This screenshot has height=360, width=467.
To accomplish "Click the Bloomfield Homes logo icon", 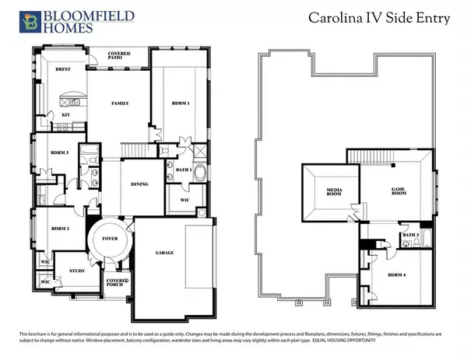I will tap(30, 21).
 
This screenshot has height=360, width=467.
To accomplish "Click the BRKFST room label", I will tap(64, 69).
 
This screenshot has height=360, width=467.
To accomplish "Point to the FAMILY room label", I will tap(120, 103).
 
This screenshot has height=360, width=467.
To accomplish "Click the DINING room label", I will tap(139, 184).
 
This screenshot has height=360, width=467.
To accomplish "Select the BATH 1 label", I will tap(184, 170).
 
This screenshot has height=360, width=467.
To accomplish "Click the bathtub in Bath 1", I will tap(200, 172).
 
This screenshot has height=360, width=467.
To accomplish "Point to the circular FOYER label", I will tap(110, 238).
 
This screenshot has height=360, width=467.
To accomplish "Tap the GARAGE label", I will tap(164, 253).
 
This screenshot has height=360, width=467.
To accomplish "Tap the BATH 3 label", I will tap(410, 235).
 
